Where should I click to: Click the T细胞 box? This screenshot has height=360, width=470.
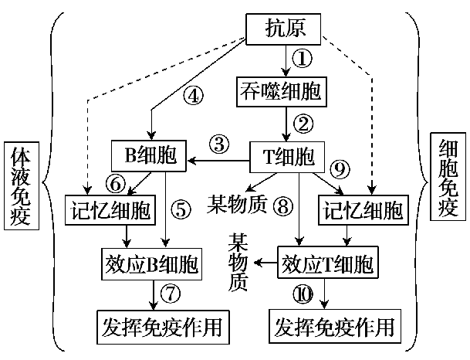pos(285,157)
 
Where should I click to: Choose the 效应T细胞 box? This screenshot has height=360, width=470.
pos(328,264)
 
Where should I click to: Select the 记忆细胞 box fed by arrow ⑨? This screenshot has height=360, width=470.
pos(362,210)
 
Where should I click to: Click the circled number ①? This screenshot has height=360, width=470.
pos(304,56)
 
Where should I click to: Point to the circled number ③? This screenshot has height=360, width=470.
pos(220,144)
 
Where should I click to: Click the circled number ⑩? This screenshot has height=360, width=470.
pos(303,294)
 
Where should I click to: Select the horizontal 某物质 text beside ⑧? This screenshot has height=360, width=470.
pos(237,204)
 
